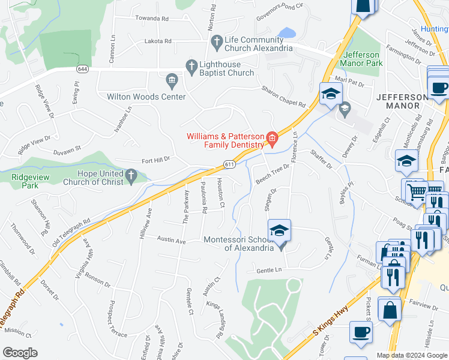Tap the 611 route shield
point(229,164)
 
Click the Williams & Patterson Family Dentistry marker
point(271,140)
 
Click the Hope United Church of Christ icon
point(131,176)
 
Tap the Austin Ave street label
point(172,241)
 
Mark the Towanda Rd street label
point(151,19)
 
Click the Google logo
point(20,353)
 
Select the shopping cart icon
point(416,192)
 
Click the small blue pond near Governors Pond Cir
point(286,32)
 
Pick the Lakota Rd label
point(158,41)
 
